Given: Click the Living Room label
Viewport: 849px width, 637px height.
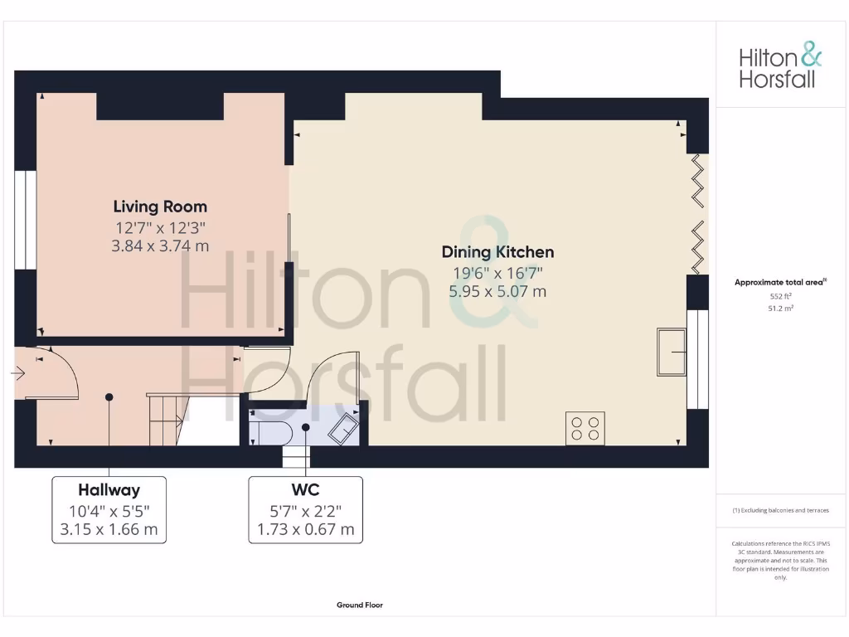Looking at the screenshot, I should coord(160,207).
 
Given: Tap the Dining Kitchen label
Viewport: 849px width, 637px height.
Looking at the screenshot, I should coord(497,252).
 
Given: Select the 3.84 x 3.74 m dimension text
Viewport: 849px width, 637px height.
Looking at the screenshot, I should coord(160,246).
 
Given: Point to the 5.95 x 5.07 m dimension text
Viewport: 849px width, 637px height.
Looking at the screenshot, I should coord(497,291).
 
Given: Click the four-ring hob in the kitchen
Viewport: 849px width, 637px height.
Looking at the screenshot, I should coord(585,428).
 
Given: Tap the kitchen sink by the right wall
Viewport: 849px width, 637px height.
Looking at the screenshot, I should coord(671,352).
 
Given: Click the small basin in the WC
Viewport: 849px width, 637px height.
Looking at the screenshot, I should coord(344,429).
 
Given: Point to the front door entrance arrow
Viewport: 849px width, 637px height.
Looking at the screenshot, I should coord(17,374).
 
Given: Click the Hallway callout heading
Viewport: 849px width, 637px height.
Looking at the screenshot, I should coord(109,490).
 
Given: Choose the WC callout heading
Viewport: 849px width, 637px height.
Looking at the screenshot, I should coord(305,490).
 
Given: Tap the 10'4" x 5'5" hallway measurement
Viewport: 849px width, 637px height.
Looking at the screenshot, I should coord(109,510).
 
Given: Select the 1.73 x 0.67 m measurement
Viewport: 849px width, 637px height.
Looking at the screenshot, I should coord(305,528).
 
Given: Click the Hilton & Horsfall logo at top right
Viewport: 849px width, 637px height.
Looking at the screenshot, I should coord(780,67).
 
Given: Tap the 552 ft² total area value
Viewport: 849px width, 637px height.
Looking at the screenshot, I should coord(780,295).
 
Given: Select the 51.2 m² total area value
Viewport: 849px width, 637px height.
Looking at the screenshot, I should coord(780,308).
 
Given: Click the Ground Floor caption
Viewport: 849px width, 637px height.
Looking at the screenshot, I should coord(360,605).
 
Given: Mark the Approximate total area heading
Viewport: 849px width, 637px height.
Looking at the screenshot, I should coord(780,282).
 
